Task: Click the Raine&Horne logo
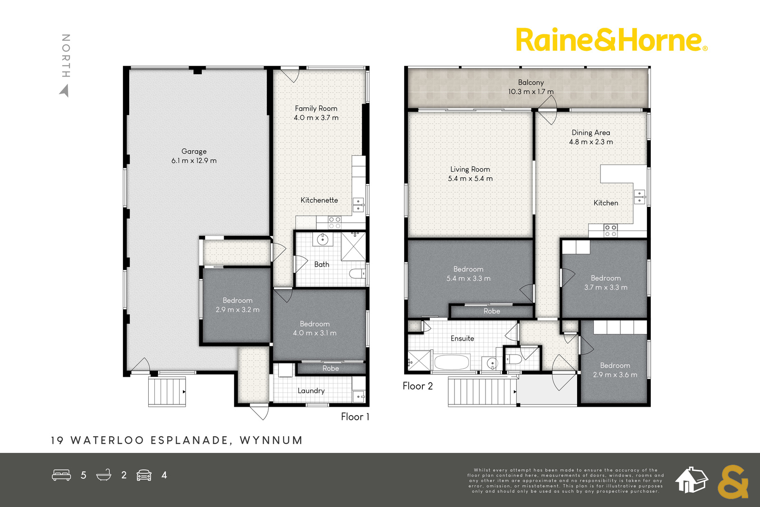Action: pyautogui.click(x=612, y=40)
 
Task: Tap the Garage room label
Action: pyautogui.click(x=194, y=152)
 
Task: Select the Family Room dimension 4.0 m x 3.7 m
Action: pyautogui.click(x=316, y=118)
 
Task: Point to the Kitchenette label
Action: pyautogui.click(x=319, y=200)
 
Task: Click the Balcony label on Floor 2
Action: pyautogui.click(x=531, y=83)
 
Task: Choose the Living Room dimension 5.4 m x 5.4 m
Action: pyautogui.click(x=470, y=179)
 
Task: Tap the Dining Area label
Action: pyautogui.click(x=591, y=133)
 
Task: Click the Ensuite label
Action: pyautogui.click(x=462, y=338)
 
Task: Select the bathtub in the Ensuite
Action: pyautogui.click(x=452, y=362)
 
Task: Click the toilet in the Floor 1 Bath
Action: pyautogui.click(x=358, y=273)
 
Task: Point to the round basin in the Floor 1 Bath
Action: pyautogui.click(x=323, y=239)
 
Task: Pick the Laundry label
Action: pyautogui.click(x=311, y=391)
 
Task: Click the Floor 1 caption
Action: pyautogui.click(x=355, y=417)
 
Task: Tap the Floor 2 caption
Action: pyautogui.click(x=418, y=386)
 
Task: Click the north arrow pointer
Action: pyautogui.click(x=65, y=91)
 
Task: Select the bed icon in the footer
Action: pyautogui.click(x=61, y=475)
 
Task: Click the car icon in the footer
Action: pyautogui.click(x=144, y=475)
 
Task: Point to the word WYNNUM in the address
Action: pyautogui.click(x=271, y=440)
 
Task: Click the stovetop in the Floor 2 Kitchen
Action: pyautogui.click(x=611, y=231)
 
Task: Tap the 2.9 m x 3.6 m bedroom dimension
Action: pyautogui.click(x=615, y=375)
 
